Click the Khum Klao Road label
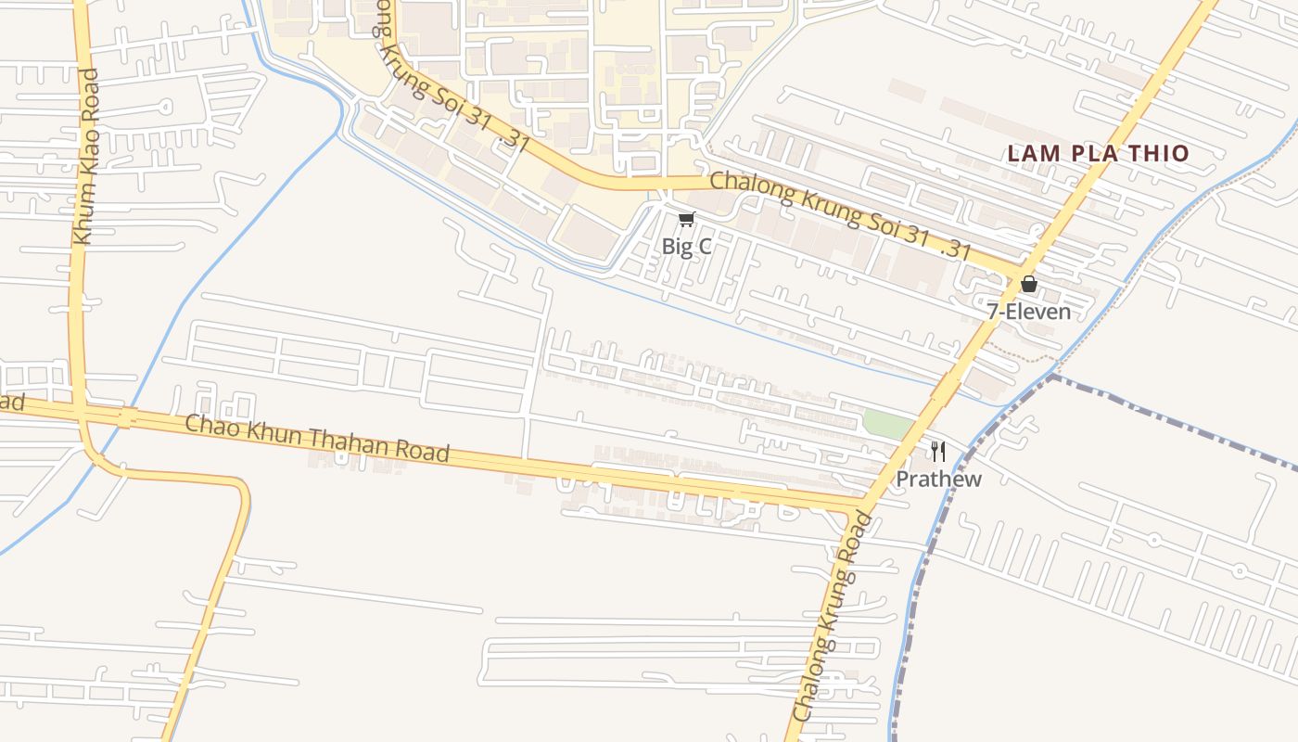(85, 157)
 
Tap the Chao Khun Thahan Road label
(318, 439)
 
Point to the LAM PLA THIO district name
(1098, 154)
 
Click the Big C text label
(686, 247)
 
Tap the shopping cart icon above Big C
(686, 219)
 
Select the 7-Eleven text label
(1028, 312)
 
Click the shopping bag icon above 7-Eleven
(1028, 284)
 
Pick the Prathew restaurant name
(938, 479)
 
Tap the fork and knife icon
(938, 452)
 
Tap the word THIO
(1160, 154)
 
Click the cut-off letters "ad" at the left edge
(11, 403)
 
